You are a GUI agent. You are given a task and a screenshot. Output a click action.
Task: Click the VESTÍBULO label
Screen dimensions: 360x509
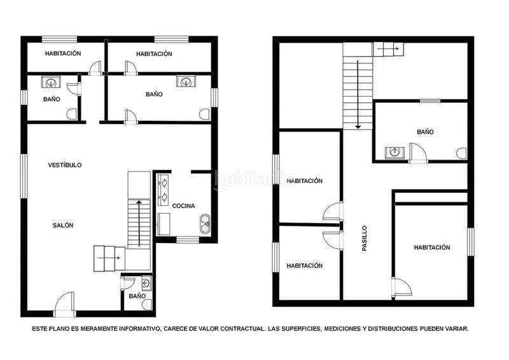pyautogui.click(x=65, y=165)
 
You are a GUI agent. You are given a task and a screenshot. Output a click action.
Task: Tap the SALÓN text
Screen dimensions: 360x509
pyautogui.click(x=62, y=225)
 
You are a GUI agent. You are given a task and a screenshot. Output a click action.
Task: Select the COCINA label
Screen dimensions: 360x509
pyautogui.click(x=183, y=205)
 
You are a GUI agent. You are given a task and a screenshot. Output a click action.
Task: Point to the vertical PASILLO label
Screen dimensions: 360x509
pyautogui.click(x=365, y=238)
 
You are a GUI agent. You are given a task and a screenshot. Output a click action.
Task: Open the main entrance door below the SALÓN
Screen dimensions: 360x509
pyautogui.click(x=64, y=306)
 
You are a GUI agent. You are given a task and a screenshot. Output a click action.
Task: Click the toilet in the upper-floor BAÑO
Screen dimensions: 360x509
pyautogui.click(x=461, y=153)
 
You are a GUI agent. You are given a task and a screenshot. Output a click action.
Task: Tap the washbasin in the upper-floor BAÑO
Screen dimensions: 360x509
pyautogui.click(x=394, y=152)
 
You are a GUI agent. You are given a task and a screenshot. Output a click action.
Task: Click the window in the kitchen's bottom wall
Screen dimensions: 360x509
pyautogui.click(x=187, y=240)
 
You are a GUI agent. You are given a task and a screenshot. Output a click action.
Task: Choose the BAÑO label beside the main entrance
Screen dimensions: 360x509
pyautogui.click(x=137, y=296)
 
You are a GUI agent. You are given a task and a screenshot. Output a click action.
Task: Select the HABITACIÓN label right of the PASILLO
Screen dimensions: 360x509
pyautogui.click(x=431, y=247)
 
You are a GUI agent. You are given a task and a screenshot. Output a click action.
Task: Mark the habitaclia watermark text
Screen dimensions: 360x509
pyautogui.click(x=254, y=179)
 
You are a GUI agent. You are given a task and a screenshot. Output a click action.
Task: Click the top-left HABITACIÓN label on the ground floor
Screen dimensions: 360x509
pyautogui.click(x=62, y=54)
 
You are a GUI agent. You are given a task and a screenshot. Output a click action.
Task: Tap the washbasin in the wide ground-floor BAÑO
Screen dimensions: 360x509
pyautogui.click(x=185, y=81)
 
